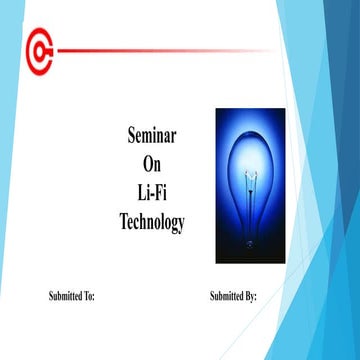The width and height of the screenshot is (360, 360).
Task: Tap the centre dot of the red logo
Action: click(x=41, y=48)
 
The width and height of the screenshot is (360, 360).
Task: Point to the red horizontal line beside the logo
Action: click(x=160, y=49)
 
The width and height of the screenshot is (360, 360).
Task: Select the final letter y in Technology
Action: click(x=181, y=225)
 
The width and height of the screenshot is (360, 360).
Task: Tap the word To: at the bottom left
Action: click(x=89, y=297)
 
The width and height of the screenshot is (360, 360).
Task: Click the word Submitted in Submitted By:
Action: click(x=227, y=297)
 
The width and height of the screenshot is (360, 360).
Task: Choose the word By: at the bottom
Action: click(x=251, y=297)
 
